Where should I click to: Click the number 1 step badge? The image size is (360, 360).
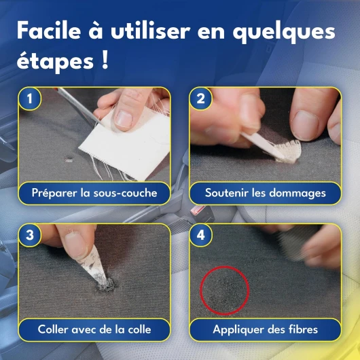30,98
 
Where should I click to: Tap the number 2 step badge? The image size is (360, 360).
200,98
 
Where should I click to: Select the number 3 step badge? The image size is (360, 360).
30,235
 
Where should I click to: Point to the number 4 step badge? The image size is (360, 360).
200,235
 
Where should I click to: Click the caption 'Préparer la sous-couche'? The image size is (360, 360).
94,193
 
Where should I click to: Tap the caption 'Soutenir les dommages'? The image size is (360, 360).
266,193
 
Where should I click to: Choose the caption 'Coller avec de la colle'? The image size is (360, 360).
94,329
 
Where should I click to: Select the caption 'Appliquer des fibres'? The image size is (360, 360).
265,329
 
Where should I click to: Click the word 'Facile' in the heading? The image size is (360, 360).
49,31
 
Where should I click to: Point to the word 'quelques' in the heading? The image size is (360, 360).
284,32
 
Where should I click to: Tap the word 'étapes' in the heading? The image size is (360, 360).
55,62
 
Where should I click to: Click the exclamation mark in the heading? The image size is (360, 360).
105,60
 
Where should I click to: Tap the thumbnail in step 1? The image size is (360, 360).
124,119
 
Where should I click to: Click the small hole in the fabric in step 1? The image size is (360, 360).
68,159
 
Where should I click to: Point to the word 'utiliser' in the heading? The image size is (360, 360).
151,31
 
